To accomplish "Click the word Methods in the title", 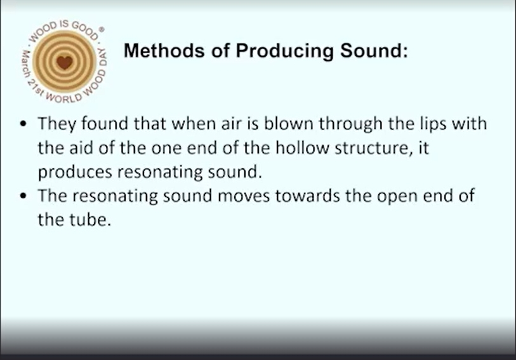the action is pos(164,50).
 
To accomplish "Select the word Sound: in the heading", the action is pos(374,50).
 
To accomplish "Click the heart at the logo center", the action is pos(65,62).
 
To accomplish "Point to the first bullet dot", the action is pos(23,124).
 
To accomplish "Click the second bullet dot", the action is pos(23,196).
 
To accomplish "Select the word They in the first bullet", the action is pos(56,124).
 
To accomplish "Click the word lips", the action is pos(433,124).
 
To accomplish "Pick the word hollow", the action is pos(302,147).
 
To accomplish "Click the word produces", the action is pos(75,173).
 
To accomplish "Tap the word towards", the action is pos(307,196).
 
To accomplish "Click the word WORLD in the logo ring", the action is pos(64,98).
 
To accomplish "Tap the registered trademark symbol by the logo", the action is pos(102,30).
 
